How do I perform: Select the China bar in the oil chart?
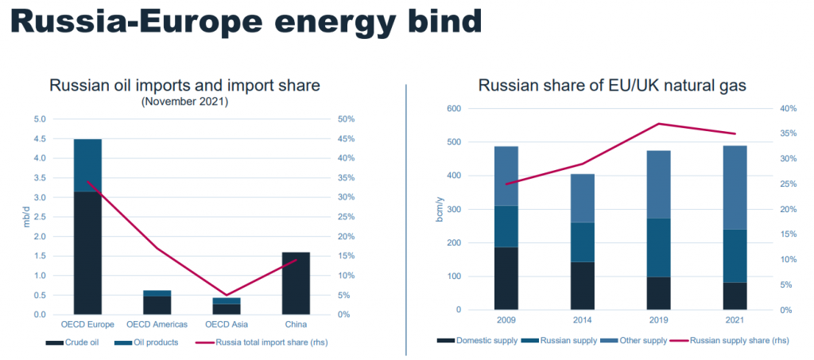pyautogui.click(x=295, y=283)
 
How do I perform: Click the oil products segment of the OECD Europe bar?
pyautogui.click(x=87, y=165)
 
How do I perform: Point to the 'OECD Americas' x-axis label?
pyautogui.click(x=157, y=324)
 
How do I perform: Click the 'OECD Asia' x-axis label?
pyautogui.click(x=226, y=324)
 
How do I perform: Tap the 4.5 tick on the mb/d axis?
pyautogui.click(x=40, y=138)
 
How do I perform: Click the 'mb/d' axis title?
pyautogui.click(x=25, y=216)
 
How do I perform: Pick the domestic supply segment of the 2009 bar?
pyautogui.click(x=506, y=278)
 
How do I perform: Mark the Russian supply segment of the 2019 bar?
pyautogui.click(x=658, y=247)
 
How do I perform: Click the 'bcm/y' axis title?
pyautogui.click(x=439, y=209)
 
